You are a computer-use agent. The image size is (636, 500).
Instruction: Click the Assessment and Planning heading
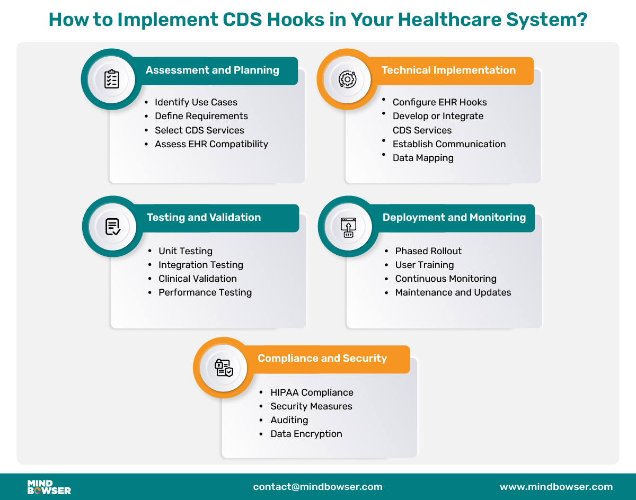tap(212, 70)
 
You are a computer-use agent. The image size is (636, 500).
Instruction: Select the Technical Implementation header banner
tap(448, 70)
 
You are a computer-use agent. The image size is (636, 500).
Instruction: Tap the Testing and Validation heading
tap(204, 218)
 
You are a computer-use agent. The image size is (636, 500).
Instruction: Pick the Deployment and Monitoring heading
tap(454, 218)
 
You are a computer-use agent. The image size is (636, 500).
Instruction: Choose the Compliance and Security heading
tap(322, 359)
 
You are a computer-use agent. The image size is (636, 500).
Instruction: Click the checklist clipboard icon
tap(111, 79)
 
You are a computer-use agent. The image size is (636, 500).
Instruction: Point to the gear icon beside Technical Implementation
tap(347, 79)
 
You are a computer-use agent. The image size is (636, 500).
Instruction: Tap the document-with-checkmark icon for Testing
tap(112, 227)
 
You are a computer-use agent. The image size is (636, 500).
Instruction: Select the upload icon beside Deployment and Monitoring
tap(348, 227)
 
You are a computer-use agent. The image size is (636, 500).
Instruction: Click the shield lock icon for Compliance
tap(224, 368)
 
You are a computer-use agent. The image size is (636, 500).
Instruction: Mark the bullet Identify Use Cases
tap(196, 102)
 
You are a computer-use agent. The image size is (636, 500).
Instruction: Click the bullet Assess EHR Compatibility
tap(211, 144)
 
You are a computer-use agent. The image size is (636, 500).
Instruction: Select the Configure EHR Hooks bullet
tap(439, 102)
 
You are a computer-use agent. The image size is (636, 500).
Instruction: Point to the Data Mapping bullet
tap(423, 158)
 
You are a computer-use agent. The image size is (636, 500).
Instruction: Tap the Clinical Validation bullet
tap(197, 279)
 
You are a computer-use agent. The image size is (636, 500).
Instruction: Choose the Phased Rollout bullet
tap(428, 251)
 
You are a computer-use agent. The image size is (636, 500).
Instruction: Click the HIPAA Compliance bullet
tap(312, 392)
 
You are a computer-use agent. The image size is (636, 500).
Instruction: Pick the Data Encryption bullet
tap(306, 434)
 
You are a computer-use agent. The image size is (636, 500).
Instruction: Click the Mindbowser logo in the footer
tap(49, 487)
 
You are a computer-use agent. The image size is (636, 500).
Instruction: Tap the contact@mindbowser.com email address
tap(317, 487)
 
